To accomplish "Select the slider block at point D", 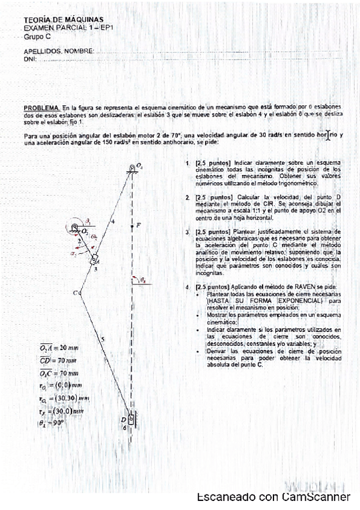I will (131, 418).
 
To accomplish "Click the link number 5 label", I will (103, 340).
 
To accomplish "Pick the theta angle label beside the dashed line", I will (142, 280).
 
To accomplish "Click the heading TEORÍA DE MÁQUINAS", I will (55, 20).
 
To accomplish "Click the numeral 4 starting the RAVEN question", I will (188, 287).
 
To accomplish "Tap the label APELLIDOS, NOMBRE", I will (58, 52).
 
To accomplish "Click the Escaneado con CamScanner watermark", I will (273, 497).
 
